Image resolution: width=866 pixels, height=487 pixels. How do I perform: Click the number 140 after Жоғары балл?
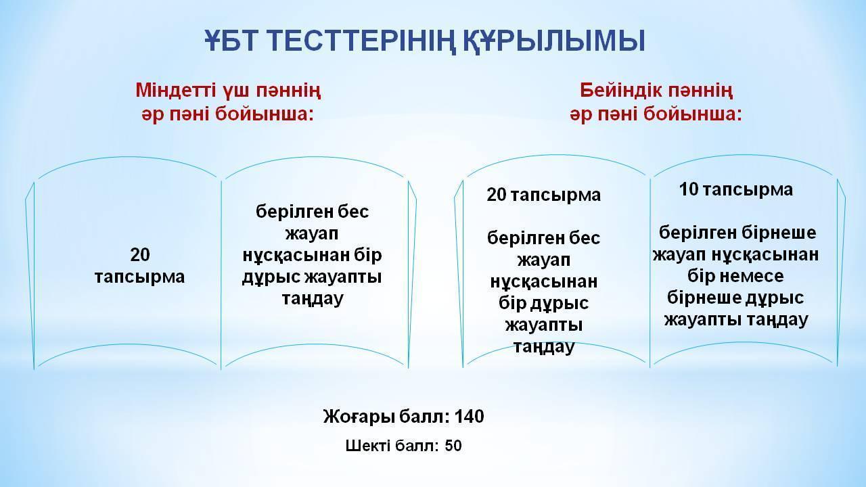coord(469,417)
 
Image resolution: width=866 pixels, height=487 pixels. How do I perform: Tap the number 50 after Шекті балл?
coord(453,446)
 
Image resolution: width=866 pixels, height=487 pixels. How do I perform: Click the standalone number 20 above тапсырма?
coord(140,255)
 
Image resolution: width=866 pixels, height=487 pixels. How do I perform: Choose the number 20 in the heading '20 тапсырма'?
coord(497,195)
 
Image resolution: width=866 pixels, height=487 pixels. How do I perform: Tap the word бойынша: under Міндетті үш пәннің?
coord(264,114)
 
